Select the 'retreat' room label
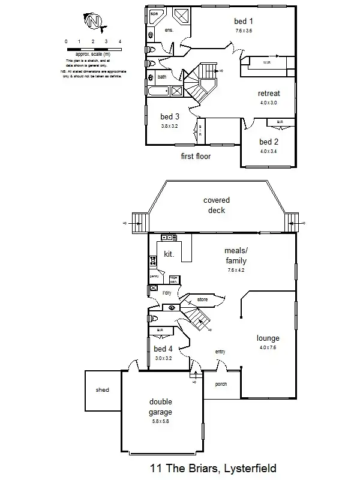[268, 94]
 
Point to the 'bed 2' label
[269, 142]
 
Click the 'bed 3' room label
[170, 116]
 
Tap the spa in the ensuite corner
[154, 13]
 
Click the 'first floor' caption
[196, 157]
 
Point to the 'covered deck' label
[216, 205]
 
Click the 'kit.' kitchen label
[169, 254]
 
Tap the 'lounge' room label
[268, 338]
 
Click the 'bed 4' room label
[163, 349]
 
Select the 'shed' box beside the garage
[103, 390]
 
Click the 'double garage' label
[161, 407]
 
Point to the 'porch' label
[220, 384]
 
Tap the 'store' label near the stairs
[202, 298]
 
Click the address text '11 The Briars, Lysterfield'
[212, 468]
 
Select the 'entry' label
[220, 352]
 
